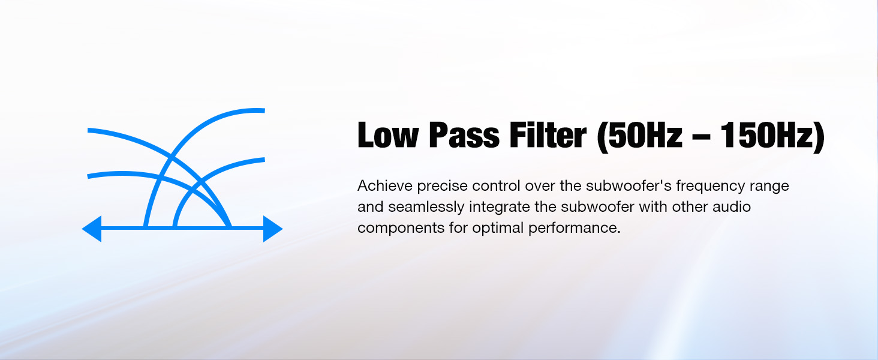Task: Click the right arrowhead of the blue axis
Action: click(x=272, y=229)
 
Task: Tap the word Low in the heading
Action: click(x=387, y=135)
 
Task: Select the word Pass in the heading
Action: click(x=464, y=135)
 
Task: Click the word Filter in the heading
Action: click(x=548, y=135)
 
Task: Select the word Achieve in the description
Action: click(x=385, y=185)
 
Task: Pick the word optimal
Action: click(x=497, y=229)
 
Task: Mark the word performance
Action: click(x=574, y=229)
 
